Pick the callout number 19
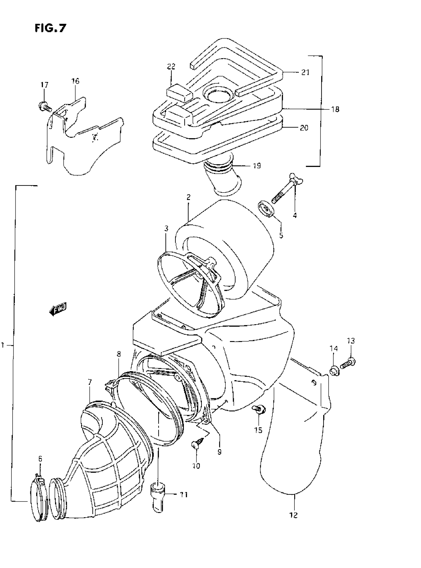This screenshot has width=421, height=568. tap(257, 166)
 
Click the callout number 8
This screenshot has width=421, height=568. tap(119, 354)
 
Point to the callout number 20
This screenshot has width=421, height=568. tap(304, 128)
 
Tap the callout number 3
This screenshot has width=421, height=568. tap(166, 228)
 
